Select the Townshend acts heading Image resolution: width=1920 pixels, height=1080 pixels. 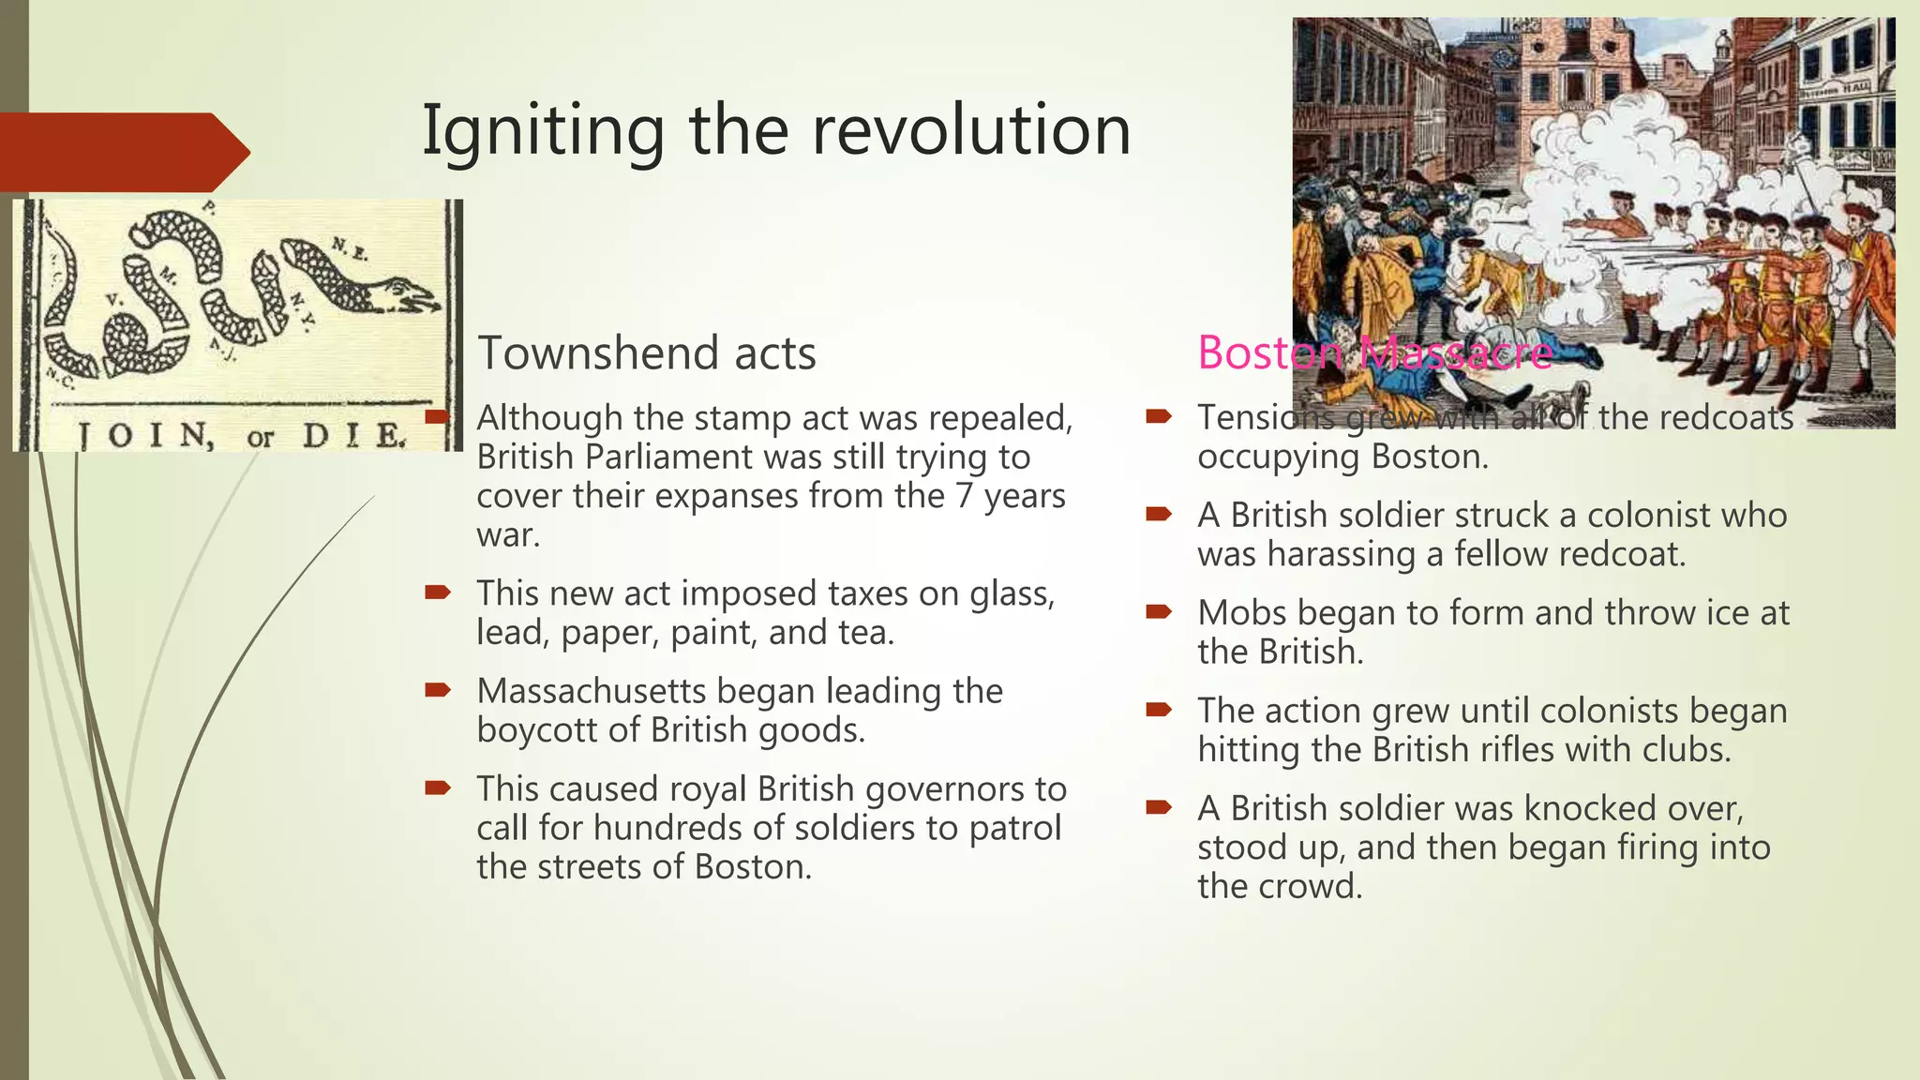click(647, 353)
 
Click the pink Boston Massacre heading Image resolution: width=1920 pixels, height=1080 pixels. click(1374, 353)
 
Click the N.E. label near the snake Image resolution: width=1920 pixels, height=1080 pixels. click(349, 248)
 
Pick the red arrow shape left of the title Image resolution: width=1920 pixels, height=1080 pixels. click(122, 152)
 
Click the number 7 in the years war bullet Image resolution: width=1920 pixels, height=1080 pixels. click(965, 496)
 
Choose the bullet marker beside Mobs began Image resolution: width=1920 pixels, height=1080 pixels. click(1159, 613)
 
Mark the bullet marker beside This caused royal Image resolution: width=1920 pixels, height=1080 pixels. click(438, 788)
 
